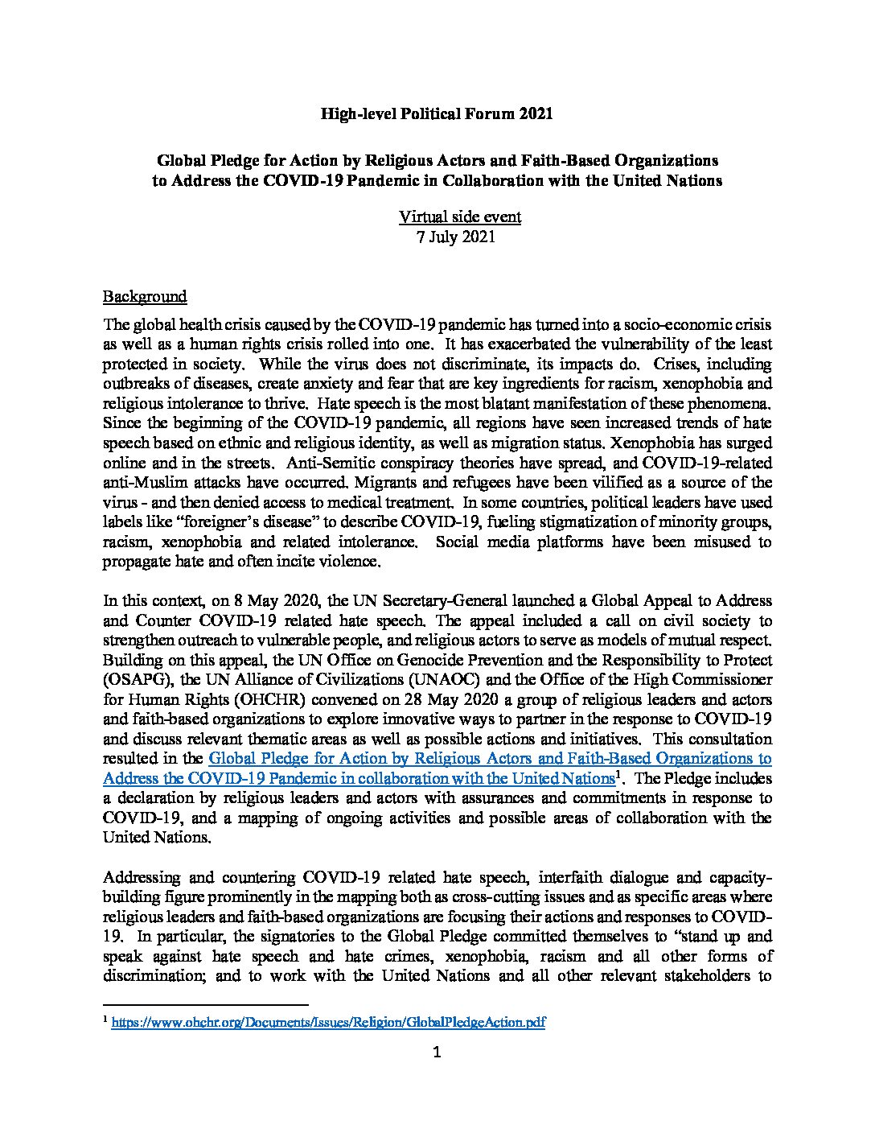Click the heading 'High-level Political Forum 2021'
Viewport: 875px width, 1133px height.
[x=437, y=114]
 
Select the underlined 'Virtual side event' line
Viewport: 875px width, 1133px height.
[x=460, y=216]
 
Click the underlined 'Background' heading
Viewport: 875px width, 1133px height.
[x=145, y=296]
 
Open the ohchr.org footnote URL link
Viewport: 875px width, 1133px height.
[x=328, y=1022]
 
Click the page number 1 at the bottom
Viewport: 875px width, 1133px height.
[x=437, y=1051]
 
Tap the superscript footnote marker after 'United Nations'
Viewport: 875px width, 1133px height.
[x=618, y=775]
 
